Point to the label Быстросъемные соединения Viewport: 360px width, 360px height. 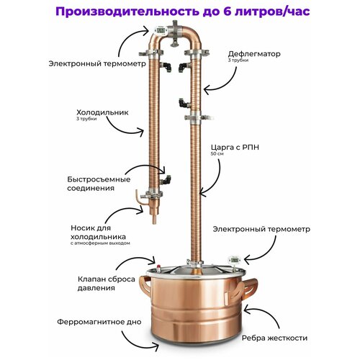coord(109,183)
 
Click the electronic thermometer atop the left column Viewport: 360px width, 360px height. coord(153,31)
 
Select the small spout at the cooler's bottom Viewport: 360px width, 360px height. coord(138,197)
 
